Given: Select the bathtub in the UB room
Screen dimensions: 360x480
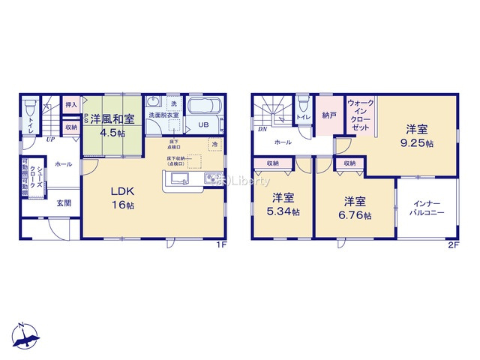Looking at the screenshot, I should pos(200,106).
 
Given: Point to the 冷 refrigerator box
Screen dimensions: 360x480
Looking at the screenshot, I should pos(214,144).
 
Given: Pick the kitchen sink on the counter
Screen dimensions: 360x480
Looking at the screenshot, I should pos(179,178).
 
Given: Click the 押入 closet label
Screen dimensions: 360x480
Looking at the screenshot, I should pos(71,105).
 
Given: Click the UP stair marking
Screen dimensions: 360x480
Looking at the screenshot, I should pos(49,139).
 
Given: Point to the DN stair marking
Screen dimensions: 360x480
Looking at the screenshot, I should pos(262,129).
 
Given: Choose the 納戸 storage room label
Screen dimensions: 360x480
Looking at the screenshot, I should pos(328,115).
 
